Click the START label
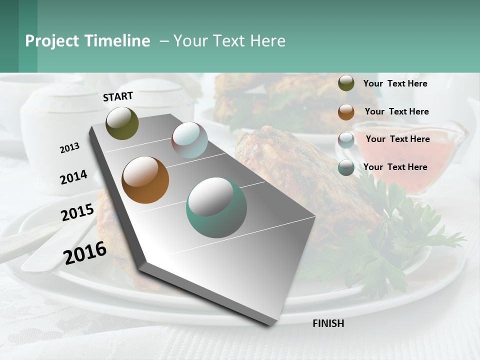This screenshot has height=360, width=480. pyautogui.click(x=118, y=96)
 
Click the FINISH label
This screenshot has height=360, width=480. pyautogui.click(x=328, y=323)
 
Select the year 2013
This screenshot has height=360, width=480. pyautogui.click(x=69, y=148)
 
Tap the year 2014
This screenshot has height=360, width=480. pyautogui.click(x=73, y=177)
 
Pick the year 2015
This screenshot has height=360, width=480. pyautogui.click(x=77, y=212)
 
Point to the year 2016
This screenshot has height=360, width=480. pyautogui.click(x=85, y=252)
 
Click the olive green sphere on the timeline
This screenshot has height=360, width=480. pyautogui.click(x=122, y=123)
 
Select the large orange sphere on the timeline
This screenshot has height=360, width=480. pyautogui.click(x=145, y=180)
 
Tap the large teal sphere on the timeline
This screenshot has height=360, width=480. pyautogui.click(x=216, y=208)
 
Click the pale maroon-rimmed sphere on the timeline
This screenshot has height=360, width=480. pyautogui.click(x=189, y=140)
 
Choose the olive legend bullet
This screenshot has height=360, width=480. pyautogui.click(x=346, y=83)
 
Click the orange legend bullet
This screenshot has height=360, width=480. pyautogui.click(x=346, y=112)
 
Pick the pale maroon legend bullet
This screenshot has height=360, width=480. pyautogui.click(x=346, y=140)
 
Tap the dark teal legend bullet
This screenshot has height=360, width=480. pyautogui.click(x=346, y=167)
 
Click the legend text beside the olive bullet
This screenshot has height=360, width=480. pyautogui.click(x=395, y=83)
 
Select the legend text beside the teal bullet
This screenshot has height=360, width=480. pyautogui.click(x=395, y=167)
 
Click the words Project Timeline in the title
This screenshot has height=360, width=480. pyautogui.click(x=87, y=41)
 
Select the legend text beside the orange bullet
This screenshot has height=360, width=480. pyautogui.click(x=397, y=111)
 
